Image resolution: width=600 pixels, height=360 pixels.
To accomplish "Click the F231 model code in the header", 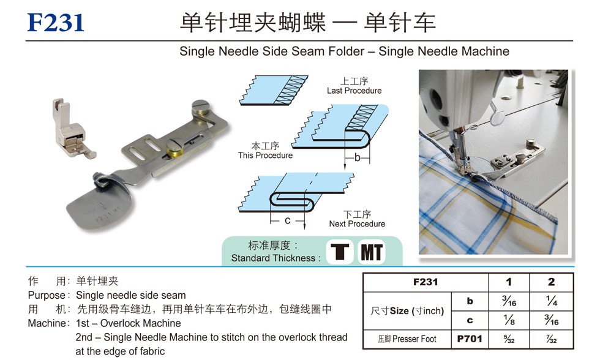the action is pyautogui.click(x=56, y=23).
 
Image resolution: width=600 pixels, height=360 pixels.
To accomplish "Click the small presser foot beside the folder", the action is pyautogui.click(x=72, y=128).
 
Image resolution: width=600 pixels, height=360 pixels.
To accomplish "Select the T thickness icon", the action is pyautogui.click(x=339, y=252).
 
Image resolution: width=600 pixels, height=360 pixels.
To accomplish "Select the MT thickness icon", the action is pyautogui.click(x=371, y=252).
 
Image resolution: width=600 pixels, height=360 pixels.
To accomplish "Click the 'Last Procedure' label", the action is pyautogui.click(x=354, y=91).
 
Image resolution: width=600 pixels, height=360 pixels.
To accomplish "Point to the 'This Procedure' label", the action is pyautogui.click(x=265, y=156).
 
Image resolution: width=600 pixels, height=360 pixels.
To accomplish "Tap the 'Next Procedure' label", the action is pyautogui.click(x=357, y=224).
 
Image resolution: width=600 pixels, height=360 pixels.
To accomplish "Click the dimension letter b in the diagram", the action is pyautogui.click(x=357, y=157).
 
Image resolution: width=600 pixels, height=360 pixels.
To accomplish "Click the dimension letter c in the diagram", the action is pyautogui.click(x=287, y=221).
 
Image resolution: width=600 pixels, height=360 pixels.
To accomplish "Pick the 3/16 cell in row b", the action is pyautogui.click(x=509, y=301).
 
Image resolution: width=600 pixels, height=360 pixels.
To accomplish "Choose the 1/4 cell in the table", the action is pyautogui.click(x=552, y=301).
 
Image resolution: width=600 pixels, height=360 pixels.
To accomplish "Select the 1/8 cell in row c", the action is pyautogui.click(x=509, y=320).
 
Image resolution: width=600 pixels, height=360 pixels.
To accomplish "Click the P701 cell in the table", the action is pyautogui.click(x=470, y=339).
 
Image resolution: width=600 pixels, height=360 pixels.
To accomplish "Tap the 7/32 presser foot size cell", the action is pyautogui.click(x=552, y=339).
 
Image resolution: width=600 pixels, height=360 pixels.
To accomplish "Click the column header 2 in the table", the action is pyautogui.click(x=552, y=282).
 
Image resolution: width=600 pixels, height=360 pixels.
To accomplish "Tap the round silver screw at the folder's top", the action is pyautogui.click(x=201, y=107).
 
